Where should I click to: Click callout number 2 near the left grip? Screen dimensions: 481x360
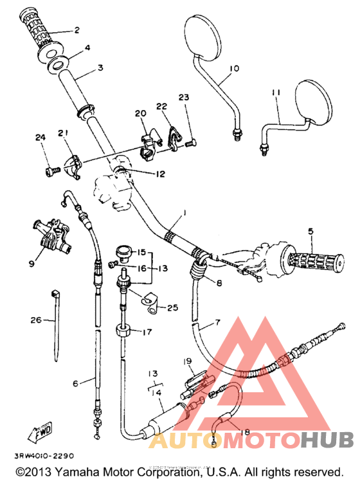76,30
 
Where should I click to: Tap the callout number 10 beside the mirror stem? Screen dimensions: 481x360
233,68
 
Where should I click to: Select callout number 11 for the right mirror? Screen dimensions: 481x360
276,93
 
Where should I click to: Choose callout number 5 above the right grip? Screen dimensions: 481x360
310,231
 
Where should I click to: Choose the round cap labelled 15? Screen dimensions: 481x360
123,249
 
